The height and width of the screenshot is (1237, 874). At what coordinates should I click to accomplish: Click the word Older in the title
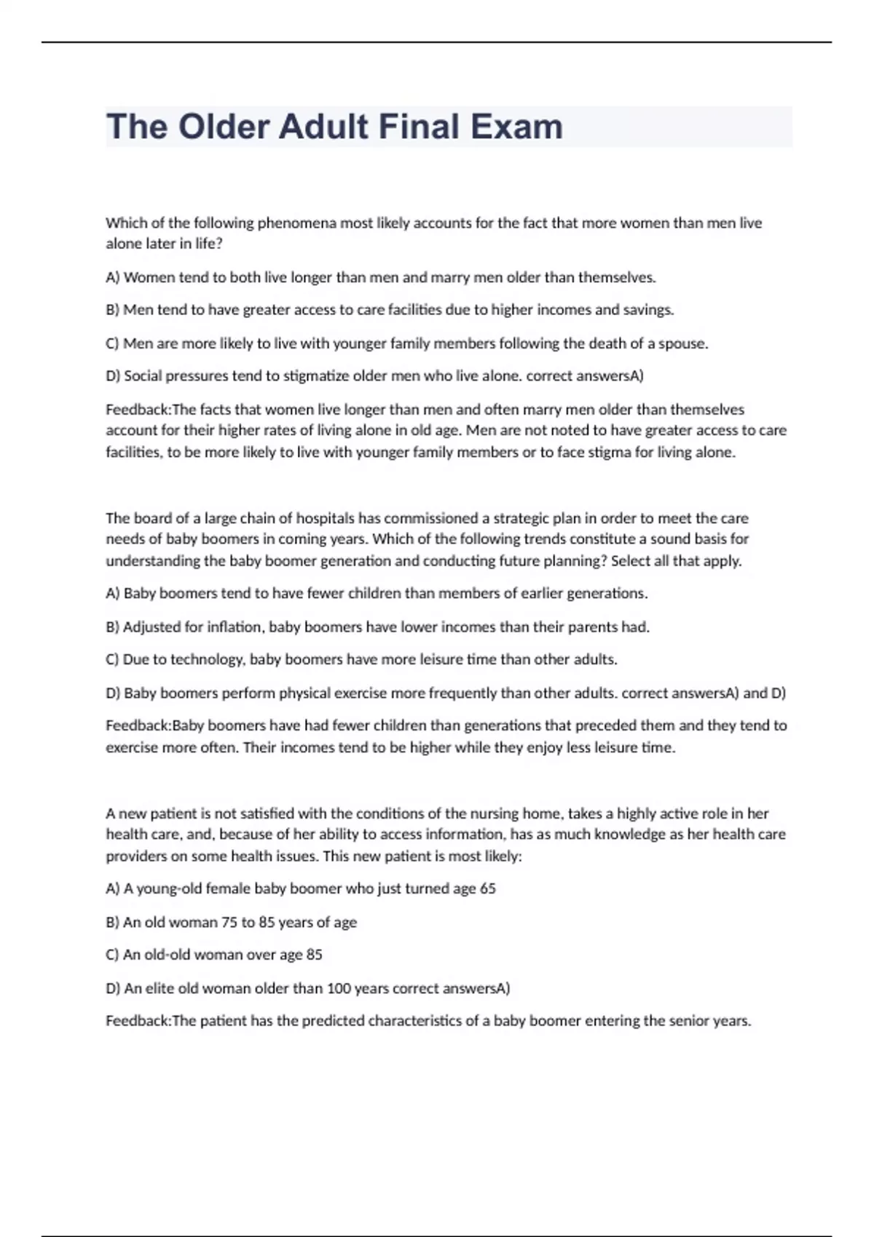tap(223, 127)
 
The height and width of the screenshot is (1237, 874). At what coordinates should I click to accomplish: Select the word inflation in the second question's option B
tap(234, 627)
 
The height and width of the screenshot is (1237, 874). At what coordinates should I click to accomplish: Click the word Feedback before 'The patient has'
tap(138, 1021)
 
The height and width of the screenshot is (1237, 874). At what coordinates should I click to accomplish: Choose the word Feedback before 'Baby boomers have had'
tap(138, 725)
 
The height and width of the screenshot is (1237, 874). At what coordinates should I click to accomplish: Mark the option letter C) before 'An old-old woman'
tap(112, 955)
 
